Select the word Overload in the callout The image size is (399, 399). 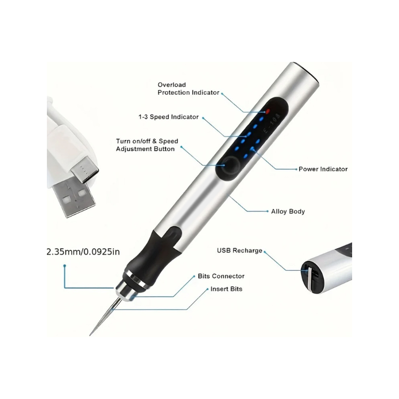172,85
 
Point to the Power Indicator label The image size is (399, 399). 323,169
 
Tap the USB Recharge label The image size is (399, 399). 239,250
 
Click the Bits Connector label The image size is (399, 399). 221,276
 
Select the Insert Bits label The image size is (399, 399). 226,289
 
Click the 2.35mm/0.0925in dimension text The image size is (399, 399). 83,251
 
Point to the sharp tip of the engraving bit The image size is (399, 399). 91,334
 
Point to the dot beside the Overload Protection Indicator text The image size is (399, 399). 222,93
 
